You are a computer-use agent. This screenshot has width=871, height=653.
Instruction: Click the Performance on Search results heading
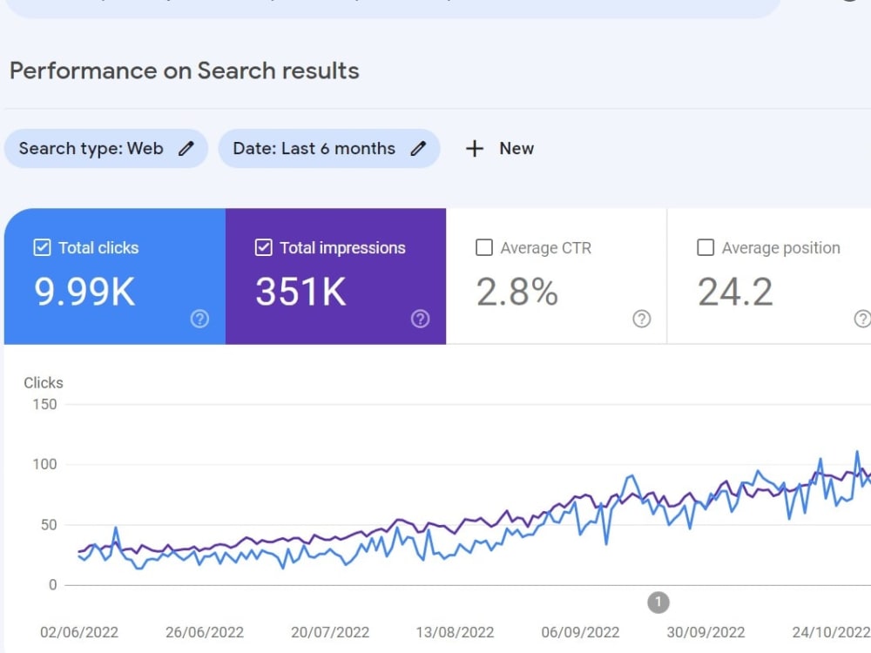[185, 71]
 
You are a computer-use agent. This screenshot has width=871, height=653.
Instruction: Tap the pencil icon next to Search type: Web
[186, 148]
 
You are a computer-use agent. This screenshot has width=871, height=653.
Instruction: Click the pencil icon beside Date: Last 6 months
[418, 148]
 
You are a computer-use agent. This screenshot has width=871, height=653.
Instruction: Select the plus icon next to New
[475, 148]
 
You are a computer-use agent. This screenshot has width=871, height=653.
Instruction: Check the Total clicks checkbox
[42, 247]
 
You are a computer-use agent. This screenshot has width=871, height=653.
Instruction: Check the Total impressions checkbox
[263, 247]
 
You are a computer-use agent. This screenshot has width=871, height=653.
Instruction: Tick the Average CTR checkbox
[483, 247]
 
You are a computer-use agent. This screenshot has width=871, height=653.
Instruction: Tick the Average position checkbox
[706, 247]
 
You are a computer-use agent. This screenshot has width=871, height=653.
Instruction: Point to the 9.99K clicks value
[84, 292]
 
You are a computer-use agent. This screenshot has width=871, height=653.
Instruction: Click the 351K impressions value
[300, 292]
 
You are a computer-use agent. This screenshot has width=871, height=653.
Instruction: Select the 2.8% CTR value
[517, 292]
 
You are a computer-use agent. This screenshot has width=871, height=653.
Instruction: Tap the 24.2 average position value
[735, 292]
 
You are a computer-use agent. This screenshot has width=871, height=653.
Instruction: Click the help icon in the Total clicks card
[199, 319]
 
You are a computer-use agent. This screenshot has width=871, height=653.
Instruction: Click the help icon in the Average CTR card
[642, 319]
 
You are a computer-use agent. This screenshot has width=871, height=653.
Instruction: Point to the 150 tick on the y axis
[44, 404]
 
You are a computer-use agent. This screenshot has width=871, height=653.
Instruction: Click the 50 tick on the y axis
[49, 525]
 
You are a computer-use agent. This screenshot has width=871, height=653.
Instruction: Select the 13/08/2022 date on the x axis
[455, 632]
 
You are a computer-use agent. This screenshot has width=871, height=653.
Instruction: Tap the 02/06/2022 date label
[79, 632]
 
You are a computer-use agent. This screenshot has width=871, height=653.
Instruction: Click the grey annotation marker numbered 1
[658, 603]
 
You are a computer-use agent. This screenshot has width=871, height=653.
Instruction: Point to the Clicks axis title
[44, 382]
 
